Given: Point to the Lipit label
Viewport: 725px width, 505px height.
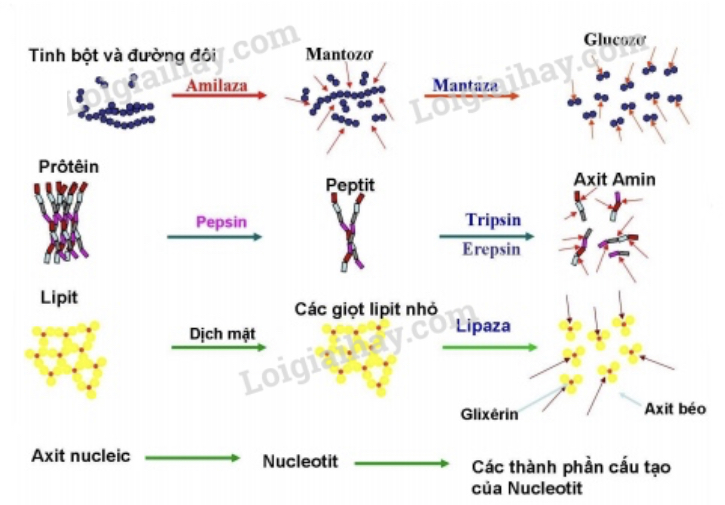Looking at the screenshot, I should [x=58, y=297].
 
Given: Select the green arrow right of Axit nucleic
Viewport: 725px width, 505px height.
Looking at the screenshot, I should [x=192, y=458].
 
